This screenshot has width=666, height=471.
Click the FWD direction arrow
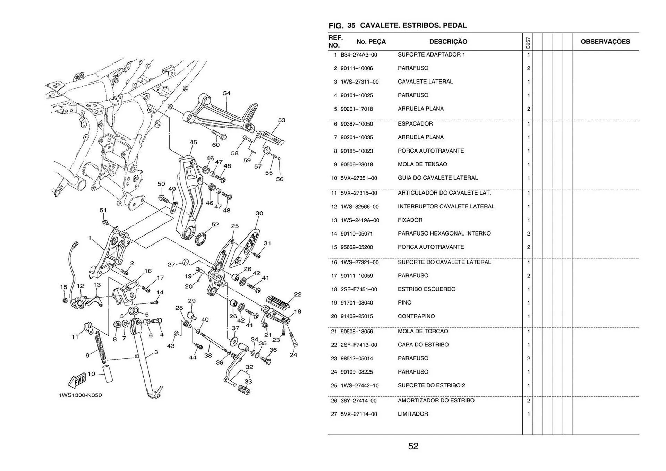tap(77, 380)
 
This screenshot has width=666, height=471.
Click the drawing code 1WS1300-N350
tap(80, 395)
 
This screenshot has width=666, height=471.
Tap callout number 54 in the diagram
tap(227, 93)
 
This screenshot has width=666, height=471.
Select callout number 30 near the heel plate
tap(259, 213)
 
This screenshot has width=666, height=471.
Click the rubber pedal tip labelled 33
tap(244, 391)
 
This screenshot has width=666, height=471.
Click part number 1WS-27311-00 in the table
tap(359, 82)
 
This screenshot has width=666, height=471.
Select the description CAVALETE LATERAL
tap(425, 82)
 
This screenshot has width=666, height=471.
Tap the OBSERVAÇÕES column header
tap(605, 42)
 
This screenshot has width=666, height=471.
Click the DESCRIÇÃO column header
tap(448, 42)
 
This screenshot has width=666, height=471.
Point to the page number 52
tap(413, 446)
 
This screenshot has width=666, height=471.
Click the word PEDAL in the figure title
tap(455, 25)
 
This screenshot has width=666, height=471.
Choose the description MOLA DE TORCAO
tap(423, 331)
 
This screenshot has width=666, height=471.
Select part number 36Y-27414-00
tap(358, 401)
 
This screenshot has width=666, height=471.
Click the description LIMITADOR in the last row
tap(413, 414)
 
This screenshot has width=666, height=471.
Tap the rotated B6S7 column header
tap(528, 43)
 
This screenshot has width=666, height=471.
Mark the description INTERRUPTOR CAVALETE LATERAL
tap(446, 206)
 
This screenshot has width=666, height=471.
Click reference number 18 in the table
tap(334, 289)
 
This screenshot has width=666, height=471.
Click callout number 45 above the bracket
tap(193, 142)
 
